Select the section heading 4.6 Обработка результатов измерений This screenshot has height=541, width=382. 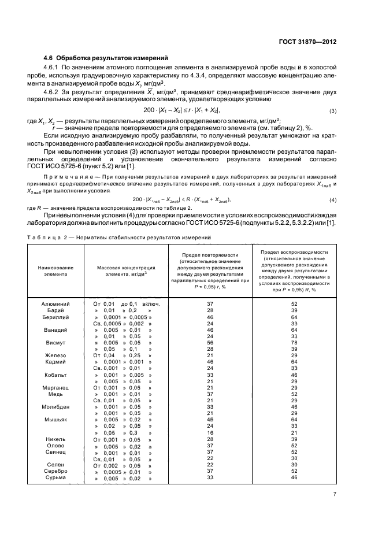106,58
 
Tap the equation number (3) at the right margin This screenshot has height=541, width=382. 333,110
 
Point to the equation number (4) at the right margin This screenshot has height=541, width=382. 333,199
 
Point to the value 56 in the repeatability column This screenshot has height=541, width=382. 210,342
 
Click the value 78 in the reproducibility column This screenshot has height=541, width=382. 294,342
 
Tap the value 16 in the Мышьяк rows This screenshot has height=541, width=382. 210,432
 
